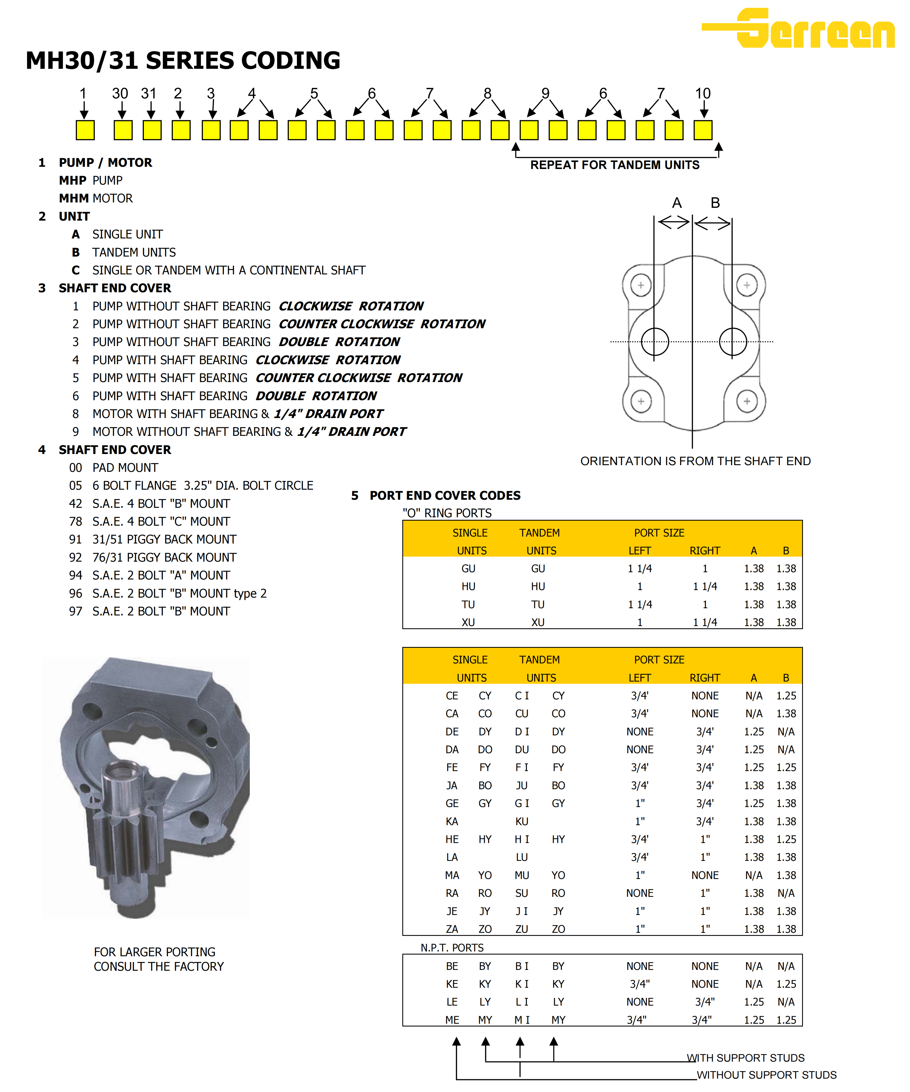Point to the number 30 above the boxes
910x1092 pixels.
point(120,94)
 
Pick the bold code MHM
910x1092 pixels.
point(73,198)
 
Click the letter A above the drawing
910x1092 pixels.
point(677,203)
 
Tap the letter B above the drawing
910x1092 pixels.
point(715,203)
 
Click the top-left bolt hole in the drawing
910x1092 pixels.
point(641,285)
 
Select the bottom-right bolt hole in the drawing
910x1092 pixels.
point(747,401)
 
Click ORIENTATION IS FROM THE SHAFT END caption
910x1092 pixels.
point(695,461)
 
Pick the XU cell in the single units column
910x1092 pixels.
point(468,622)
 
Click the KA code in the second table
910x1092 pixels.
point(452,822)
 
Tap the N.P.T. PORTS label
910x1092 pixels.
point(452,948)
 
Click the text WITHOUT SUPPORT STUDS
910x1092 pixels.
point(766,1075)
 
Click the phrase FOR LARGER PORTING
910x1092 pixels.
point(154,952)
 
